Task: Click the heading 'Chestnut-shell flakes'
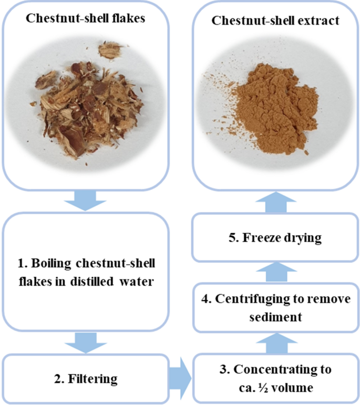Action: (85, 18)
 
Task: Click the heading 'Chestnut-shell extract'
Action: (275, 20)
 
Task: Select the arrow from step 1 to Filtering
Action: (86, 342)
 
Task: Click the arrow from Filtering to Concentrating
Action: (180, 378)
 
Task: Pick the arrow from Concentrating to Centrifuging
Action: (276, 342)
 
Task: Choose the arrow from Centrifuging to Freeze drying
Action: (276, 272)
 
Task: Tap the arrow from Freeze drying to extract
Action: (276, 202)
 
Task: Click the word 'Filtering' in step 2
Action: (93, 379)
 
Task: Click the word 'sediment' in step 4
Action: (275, 317)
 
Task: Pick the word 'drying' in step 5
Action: (303, 238)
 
